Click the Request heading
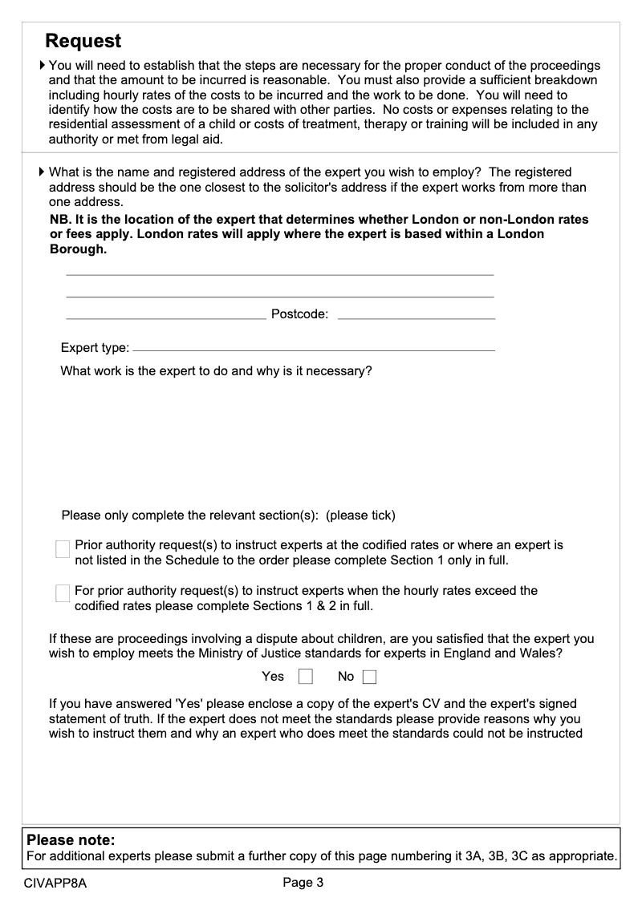83,41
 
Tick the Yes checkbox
305,677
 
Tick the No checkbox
369,677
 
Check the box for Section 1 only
63,549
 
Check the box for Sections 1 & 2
63,594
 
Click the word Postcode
299,314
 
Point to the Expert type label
95,348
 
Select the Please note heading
71,840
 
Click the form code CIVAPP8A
55,884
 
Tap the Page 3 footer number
303,884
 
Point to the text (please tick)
360,515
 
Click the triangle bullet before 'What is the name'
43,172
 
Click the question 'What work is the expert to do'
216,372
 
